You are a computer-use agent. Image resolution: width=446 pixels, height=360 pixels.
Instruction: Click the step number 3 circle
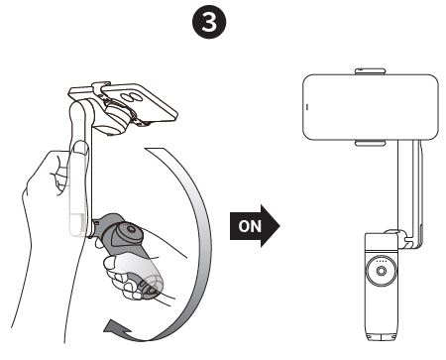tap(223, 21)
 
